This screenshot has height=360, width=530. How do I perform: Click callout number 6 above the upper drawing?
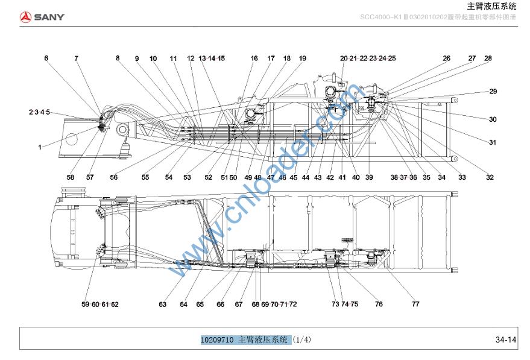(46, 58)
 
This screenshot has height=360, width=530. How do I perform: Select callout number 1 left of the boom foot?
(40, 147)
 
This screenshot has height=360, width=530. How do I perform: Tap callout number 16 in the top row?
(254, 58)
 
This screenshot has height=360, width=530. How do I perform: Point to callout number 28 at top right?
(488, 58)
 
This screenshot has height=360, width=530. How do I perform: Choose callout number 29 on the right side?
(493, 91)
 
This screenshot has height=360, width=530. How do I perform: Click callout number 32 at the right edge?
(490, 177)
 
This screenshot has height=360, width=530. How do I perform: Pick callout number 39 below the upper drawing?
(369, 177)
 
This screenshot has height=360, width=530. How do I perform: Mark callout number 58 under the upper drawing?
(71, 177)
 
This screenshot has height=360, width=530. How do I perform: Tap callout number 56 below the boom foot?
(113, 177)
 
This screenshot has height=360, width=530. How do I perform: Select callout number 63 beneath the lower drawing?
(163, 305)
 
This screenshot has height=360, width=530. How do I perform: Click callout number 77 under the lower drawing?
(415, 305)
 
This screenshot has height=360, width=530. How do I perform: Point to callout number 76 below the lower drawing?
(379, 305)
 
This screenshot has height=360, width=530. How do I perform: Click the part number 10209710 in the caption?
(217, 340)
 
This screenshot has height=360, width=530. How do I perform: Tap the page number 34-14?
(506, 340)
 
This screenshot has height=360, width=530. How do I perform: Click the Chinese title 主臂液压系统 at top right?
(492, 7)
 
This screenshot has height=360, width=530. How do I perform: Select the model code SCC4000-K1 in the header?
(383, 17)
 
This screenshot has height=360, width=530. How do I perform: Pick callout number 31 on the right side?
(493, 142)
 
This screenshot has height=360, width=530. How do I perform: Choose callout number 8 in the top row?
(118, 58)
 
